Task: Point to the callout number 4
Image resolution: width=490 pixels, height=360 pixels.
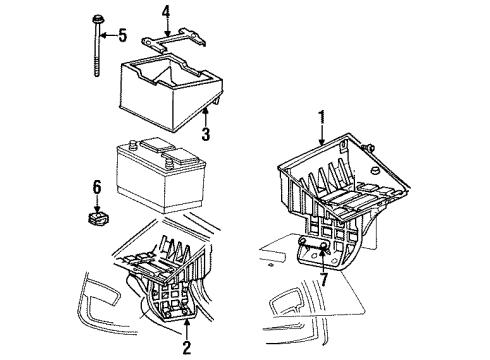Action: coord(167,13)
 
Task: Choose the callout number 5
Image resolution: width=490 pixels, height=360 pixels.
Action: coord(122,37)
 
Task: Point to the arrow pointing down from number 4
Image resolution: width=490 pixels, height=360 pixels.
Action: coord(167,30)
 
